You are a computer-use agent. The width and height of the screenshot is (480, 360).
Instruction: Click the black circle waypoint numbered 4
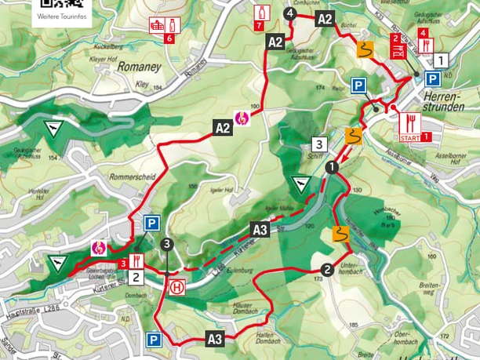(x=291, y=13)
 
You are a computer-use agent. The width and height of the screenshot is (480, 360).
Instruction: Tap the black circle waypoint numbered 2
(x=327, y=269)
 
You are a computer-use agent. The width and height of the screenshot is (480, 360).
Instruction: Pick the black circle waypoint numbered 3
(x=166, y=245)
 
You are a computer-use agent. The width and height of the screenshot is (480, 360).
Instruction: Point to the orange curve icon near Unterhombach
(x=340, y=233)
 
